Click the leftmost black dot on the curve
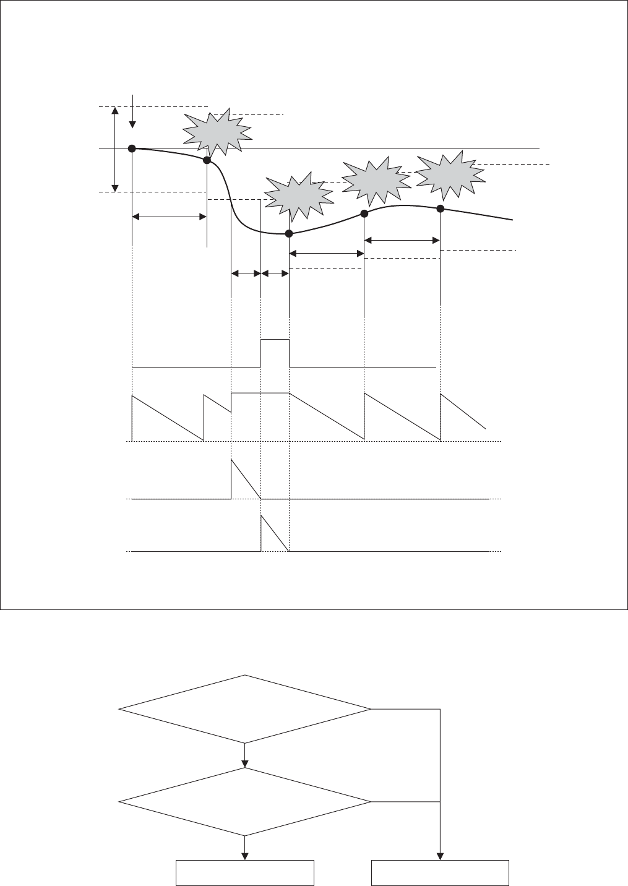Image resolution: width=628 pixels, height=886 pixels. point(132,148)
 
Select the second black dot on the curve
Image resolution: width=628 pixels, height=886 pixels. point(207,160)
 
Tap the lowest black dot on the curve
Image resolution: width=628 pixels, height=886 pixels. point(288,233)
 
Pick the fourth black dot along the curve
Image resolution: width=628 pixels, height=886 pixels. point(364,213)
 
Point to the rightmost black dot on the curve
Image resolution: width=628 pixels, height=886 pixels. point(440,208)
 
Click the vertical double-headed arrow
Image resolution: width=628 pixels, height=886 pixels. point(114,148)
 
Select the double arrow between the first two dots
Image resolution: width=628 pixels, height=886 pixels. point(170,217)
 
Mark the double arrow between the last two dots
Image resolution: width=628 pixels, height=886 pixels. point(402,239)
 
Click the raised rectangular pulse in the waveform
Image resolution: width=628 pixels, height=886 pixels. point(275,353)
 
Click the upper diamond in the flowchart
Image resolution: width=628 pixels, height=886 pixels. point(246,709)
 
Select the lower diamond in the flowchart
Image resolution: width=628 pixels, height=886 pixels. point(246,802)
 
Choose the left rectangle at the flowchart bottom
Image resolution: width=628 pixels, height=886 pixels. point(246,872)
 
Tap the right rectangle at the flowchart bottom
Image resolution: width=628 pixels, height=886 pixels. point(440,872)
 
